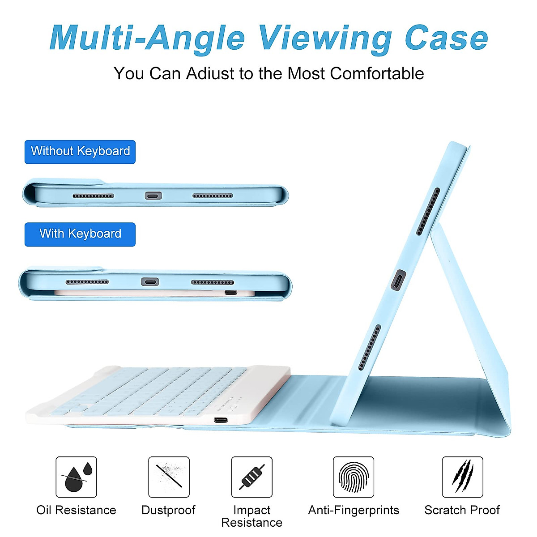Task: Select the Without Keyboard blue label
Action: pyautogui.click(x=80, y=152)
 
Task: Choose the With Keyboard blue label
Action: pyautogui.click(x=80, y=234)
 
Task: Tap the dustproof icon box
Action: pyautogui.click(x=169, y=477)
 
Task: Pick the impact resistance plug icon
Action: pyautogui.click(x=251, y=477)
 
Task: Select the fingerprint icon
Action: pyautogui.click(x=354, y=477)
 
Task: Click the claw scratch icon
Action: pyautogui.click(x=462, y=477)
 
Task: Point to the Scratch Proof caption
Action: pyautogui.click(x=462, y=510)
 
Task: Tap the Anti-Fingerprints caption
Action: pyautogui.click(x=354, y=510)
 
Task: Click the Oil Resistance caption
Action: pyautogui.click(x=76, y=510)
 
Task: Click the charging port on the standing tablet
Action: pyautogui.click(x=398, y=281)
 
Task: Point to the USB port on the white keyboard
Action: pyautogui.click(x=221, y=420)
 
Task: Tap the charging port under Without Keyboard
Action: pyautogui.click(x=153, y=196)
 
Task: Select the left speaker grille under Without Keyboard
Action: pyautogui.click(x=93, y=196)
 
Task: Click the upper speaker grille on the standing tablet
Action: pyautogui.click(x=428, y=212)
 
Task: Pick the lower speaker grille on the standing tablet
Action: pyautogui.click(x=370, y=348)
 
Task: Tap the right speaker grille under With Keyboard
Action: pyautogui.click(x=212, y=282)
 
